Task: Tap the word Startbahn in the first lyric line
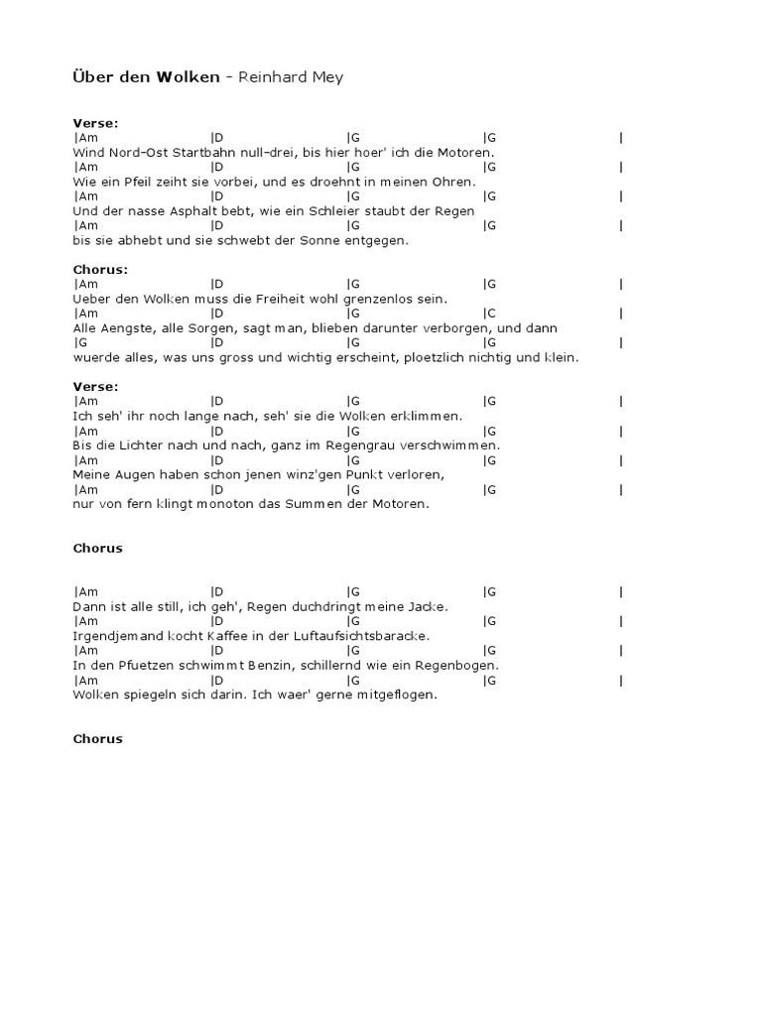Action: (201, 152)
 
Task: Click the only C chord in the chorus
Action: (490, 314)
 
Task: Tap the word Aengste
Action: (118, 328)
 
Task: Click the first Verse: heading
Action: (95, 123)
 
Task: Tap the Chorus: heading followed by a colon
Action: (100, 269)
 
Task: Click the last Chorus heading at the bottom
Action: (97, 738)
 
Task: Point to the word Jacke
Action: (427, 606)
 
